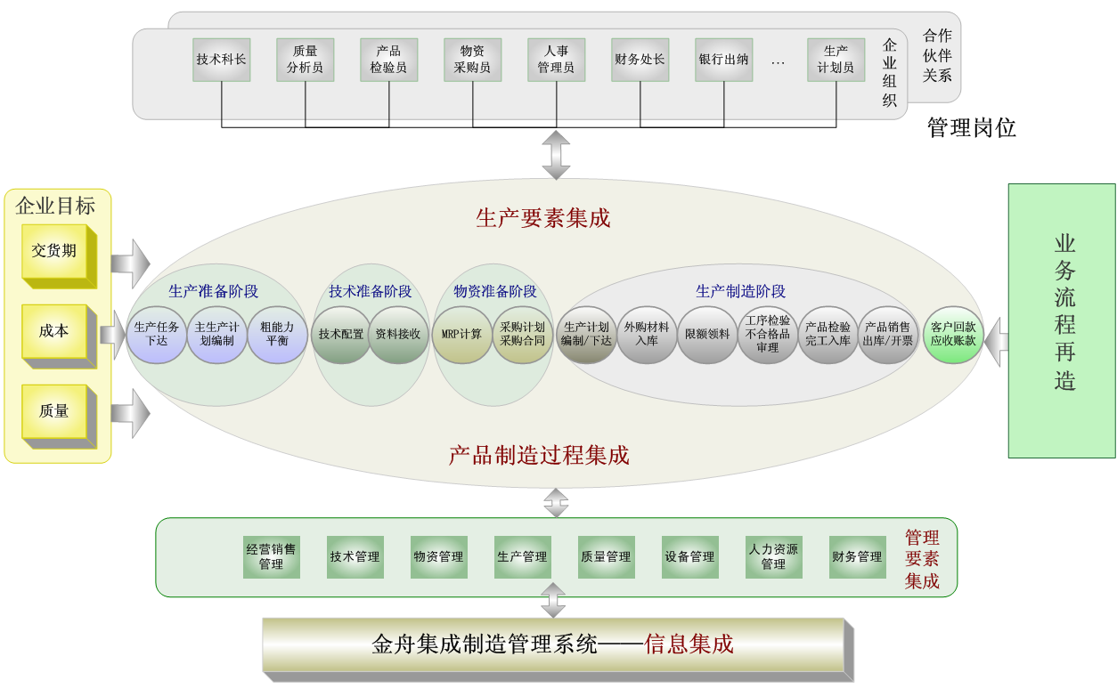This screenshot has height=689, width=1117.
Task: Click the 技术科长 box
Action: [221, 60]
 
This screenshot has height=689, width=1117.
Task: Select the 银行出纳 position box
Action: [723, 60]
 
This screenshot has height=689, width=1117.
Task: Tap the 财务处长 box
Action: [640, 60]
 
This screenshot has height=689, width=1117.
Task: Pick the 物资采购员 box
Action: [472, 60]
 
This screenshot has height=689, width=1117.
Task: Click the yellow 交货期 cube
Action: [55, 252]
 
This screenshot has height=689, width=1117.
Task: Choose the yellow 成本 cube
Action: [55, 331]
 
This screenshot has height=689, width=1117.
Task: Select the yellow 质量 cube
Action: [55, 411]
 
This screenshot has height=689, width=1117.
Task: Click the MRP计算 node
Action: [461, 335]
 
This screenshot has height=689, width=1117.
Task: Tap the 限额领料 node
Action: [707, 335]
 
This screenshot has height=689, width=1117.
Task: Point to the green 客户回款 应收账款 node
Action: [952, 335]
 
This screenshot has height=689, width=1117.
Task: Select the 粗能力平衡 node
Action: [277, 335]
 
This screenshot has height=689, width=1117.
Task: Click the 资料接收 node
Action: [398, 335]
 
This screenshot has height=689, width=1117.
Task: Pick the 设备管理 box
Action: [689, 557]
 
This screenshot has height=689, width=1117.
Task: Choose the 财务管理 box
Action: [857, 557]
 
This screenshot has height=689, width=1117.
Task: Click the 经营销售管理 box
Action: [271, 557]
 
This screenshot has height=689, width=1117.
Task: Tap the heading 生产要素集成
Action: [543, 218]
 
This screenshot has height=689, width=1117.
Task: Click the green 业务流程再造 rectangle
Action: [1062, 320]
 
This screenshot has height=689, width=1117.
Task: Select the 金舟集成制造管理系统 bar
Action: [552, 644]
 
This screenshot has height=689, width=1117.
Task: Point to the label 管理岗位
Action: [971, 128]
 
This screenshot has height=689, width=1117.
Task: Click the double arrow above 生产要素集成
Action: [556, 154]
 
